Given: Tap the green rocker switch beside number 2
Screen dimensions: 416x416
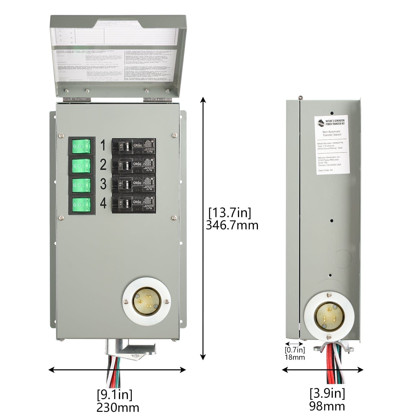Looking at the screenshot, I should click(x=81, y=166).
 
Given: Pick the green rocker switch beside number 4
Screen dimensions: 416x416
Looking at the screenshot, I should click(x=81, y=205).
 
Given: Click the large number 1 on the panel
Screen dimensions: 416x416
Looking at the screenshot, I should click(x=103, y=145).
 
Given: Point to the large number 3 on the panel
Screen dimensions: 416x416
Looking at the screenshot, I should click(x=103, y=184).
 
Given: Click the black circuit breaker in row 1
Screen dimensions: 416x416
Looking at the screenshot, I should click(x=134, y=146).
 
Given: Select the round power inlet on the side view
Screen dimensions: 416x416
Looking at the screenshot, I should click(x=329, y=316).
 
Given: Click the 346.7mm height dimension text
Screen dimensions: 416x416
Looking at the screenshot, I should click(x=232, y=225).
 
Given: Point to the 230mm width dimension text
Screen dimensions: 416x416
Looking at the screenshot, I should click(x=118, y=408).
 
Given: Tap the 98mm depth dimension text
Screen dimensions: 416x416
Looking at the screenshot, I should click(x=327, y=406).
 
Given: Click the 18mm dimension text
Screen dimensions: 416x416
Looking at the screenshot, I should click(x=295, y=357).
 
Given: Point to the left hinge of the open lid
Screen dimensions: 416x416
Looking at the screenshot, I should click(x=77, y=99).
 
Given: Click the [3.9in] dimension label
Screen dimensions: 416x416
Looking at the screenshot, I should click(x=327, y=393).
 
